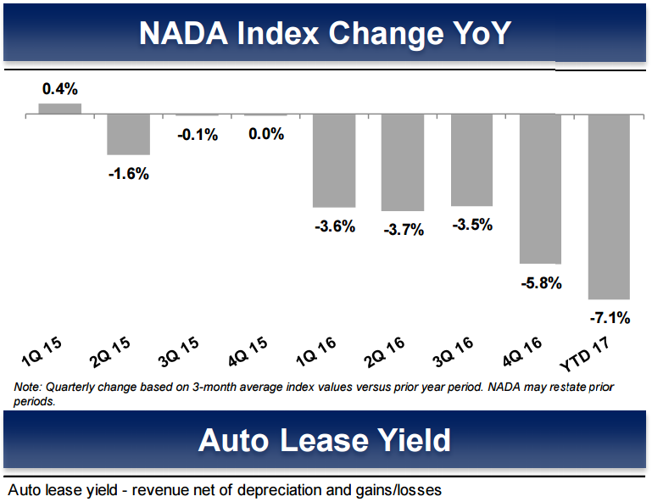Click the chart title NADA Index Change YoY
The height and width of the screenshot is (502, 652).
326,33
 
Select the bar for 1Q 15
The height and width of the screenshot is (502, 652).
60,109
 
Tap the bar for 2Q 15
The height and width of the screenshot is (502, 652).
128,134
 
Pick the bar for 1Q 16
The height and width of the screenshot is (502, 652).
333,160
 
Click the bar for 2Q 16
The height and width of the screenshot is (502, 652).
402,162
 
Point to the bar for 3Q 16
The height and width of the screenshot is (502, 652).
471,159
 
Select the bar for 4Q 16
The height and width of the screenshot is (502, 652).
540,188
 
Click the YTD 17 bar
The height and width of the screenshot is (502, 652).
609,206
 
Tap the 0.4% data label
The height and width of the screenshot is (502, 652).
59,88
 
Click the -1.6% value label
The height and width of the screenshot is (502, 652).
128,174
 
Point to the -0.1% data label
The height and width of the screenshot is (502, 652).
197,134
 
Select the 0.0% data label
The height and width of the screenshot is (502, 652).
265,134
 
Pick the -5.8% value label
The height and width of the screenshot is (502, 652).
541,283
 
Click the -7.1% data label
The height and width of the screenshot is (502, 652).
609,318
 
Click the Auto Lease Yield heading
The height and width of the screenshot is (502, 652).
326,441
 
